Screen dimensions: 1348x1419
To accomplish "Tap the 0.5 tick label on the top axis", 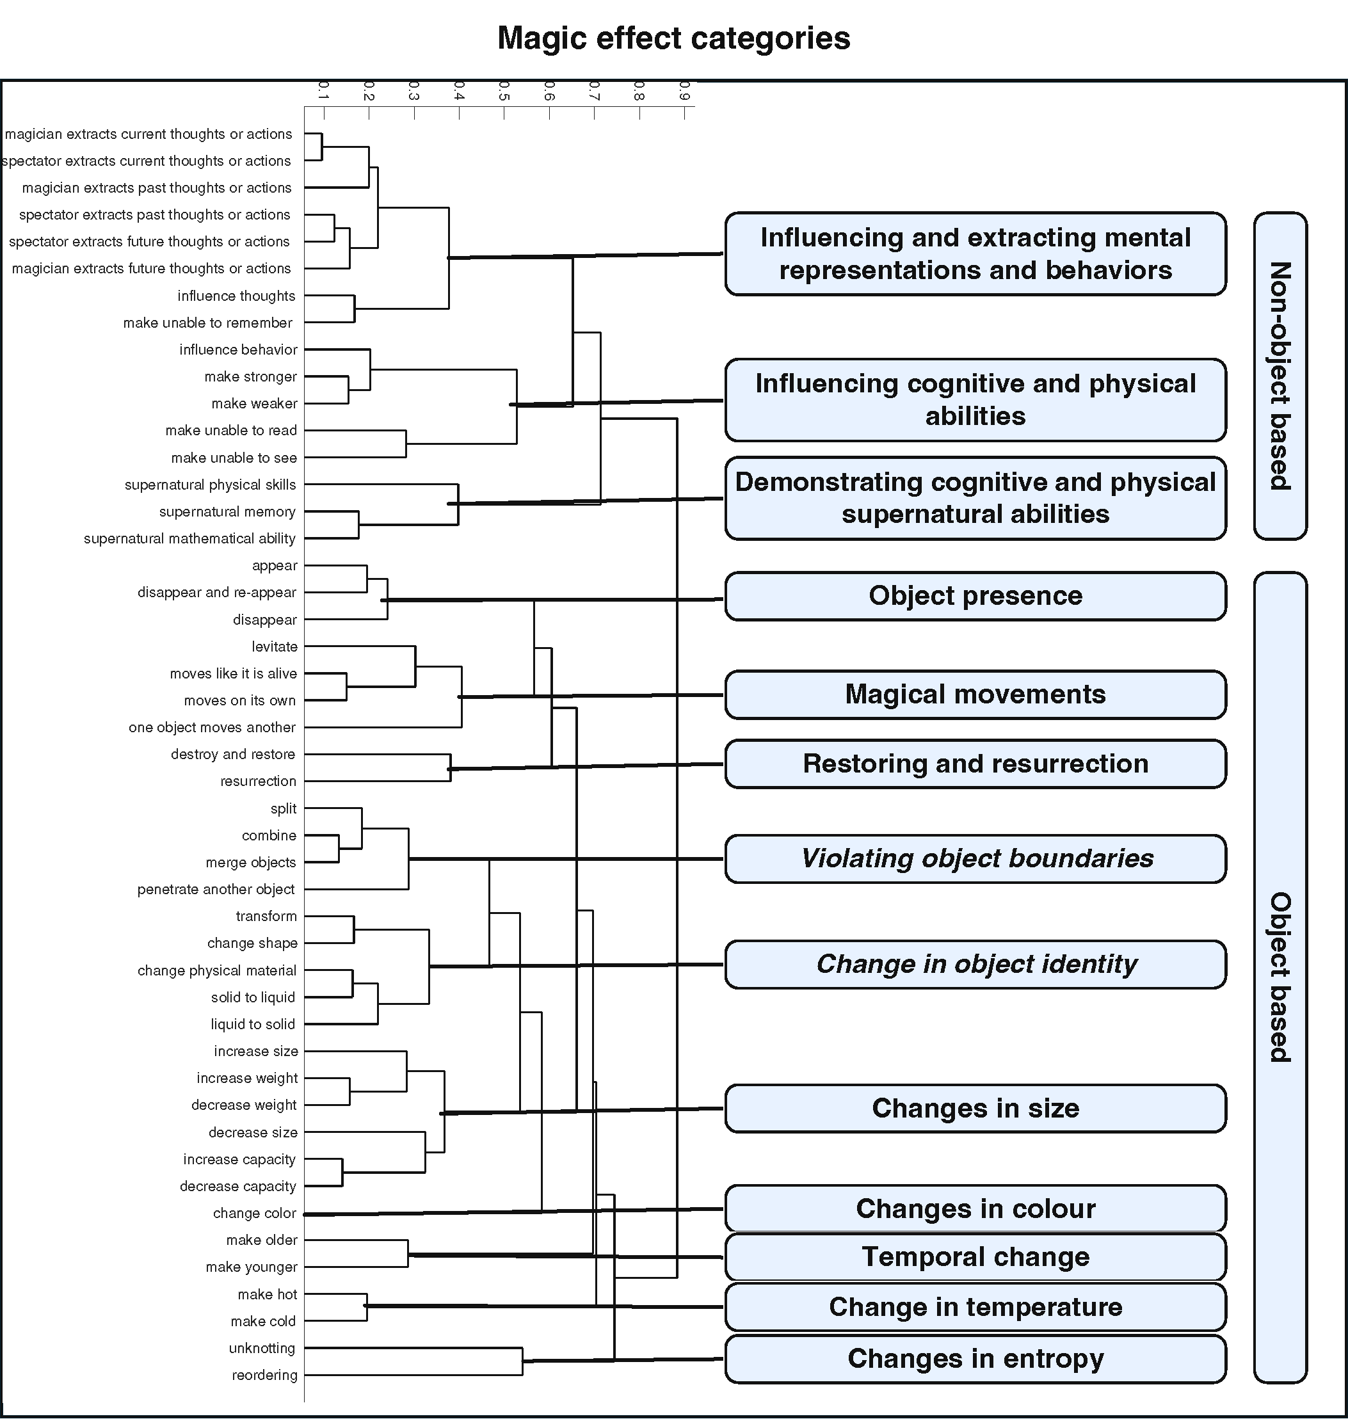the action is (x=504, y=92).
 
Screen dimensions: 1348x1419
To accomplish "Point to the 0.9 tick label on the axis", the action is (x=685, y=92).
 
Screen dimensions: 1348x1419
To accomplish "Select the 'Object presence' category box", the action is (x=975, y=597).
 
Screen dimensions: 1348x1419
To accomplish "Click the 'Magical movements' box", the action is (x=975, y=694).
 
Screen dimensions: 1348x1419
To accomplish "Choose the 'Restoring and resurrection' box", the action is (x=975, y=764).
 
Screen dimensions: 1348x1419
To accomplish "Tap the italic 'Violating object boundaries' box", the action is (x=975, y=858).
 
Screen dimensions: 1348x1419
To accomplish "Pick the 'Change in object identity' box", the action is (x=975, y=964).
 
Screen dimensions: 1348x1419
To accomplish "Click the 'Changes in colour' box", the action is (x=975, y=1208).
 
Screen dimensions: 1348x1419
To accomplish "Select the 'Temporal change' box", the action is (x=975, y=1257).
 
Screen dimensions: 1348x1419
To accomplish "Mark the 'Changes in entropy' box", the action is (x=975, y=1359).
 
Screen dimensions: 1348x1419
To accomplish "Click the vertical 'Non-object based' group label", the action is (x=1280, y=376).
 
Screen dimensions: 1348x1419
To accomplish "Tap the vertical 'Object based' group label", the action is (x=1280, y=977).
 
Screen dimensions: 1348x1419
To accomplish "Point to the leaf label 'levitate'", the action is (x=275, y=646).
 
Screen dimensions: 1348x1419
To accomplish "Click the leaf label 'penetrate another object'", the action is (x=216, y=890).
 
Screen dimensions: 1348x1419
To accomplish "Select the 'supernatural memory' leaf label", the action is (x=228, y=511).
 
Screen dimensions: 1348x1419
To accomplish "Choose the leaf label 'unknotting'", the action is (x=262, y=1349).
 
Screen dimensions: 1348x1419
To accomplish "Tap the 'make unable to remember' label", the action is (x=207, y=323).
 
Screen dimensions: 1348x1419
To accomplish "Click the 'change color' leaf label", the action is (x=254, y=1214).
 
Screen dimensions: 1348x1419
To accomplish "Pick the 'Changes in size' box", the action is (x=975, y=1109).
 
